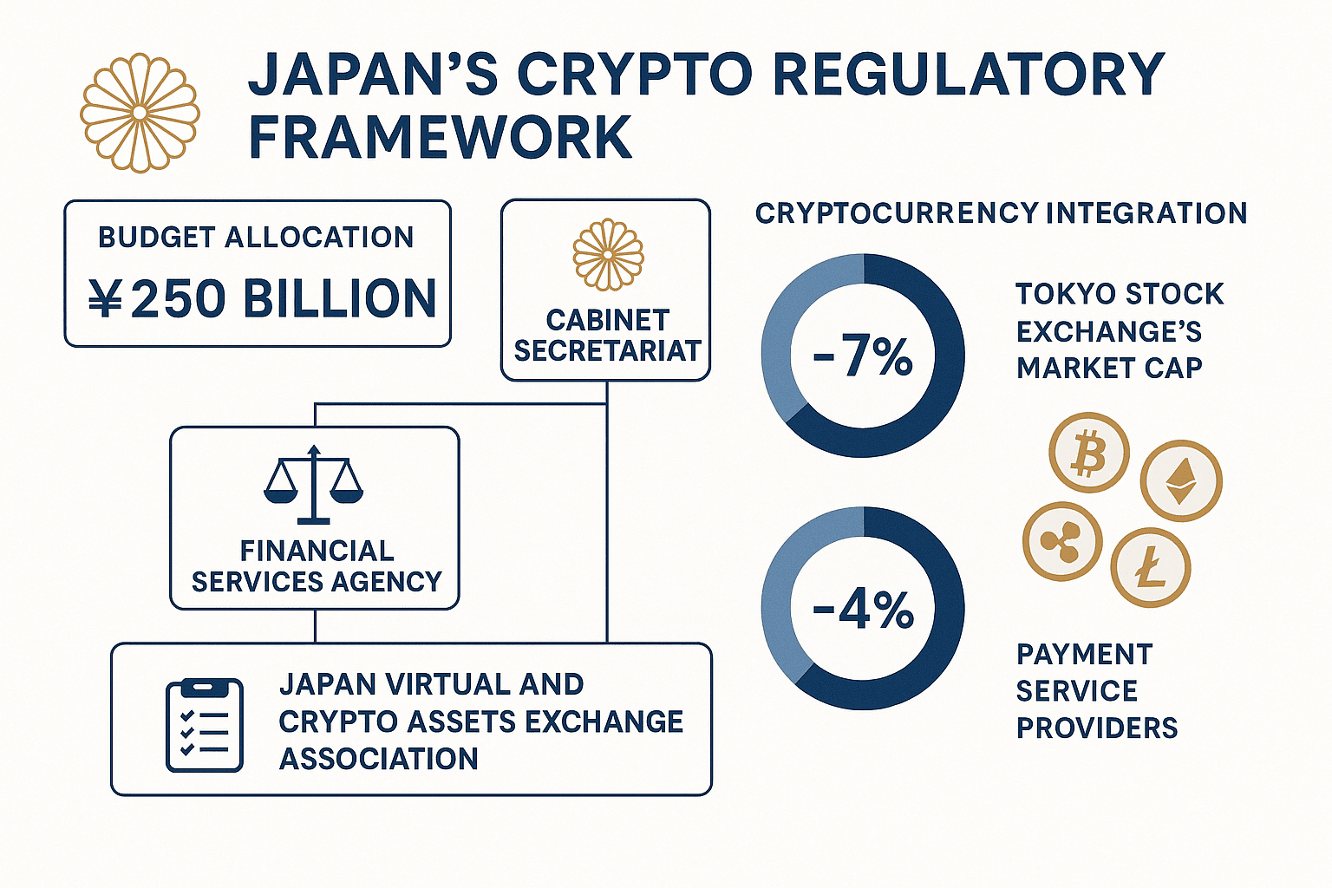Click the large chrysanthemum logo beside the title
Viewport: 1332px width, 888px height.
click(x=140, y=113)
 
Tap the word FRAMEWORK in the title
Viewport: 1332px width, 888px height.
click(x=440, y=138)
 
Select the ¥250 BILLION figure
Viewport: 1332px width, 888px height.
click(x=262, y=298)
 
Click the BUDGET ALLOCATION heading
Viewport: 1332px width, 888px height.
click(x=256, y=238)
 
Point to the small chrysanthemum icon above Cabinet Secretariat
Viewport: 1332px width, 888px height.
click(x=608, y=255)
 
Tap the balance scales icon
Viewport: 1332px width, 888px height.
click(x=313, y=485)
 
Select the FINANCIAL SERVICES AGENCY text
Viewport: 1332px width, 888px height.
click(x=317, y=566)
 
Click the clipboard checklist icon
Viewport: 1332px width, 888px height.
click(x=205, y=725)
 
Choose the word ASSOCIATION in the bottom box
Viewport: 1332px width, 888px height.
click(x=379, y=759)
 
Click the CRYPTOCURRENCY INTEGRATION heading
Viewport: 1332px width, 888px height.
click(x=1002, y=213)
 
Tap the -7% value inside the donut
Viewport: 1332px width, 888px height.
click(x=863, y=356)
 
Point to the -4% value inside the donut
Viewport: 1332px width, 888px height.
click(x=863, y=609)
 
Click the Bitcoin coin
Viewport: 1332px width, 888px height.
click(x=1089, y=453)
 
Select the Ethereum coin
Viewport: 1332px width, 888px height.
click(x=1181, y=480)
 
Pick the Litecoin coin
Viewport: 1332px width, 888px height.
click(x=1151, y=567)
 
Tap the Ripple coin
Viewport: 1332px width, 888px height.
click(x=1062, y=541)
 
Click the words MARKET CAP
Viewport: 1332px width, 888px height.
click(x=1110, y=369)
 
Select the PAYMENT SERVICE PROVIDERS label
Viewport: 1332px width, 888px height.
click(x=1097, y=691)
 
